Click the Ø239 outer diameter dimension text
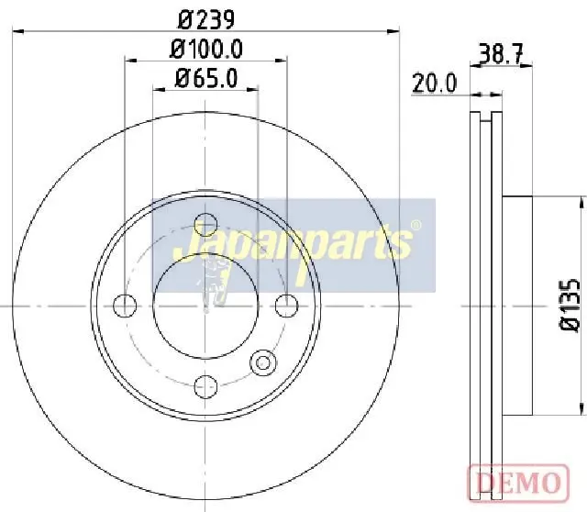[x=207, y=17]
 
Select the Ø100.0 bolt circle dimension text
[x=207, y=47]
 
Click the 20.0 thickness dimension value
[x=435, y=83]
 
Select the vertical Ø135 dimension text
[x=569, y=305]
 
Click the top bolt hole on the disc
[x=206, y=224]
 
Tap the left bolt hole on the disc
[x=125, y=305]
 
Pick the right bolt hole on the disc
[x=287, y=305]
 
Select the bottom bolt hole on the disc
[x=206, y=384]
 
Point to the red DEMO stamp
[x=515, y=482]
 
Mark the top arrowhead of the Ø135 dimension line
[x=581, y=201]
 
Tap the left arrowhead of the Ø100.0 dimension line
[x=129, y=61]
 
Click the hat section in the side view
[x=517, y=305]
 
